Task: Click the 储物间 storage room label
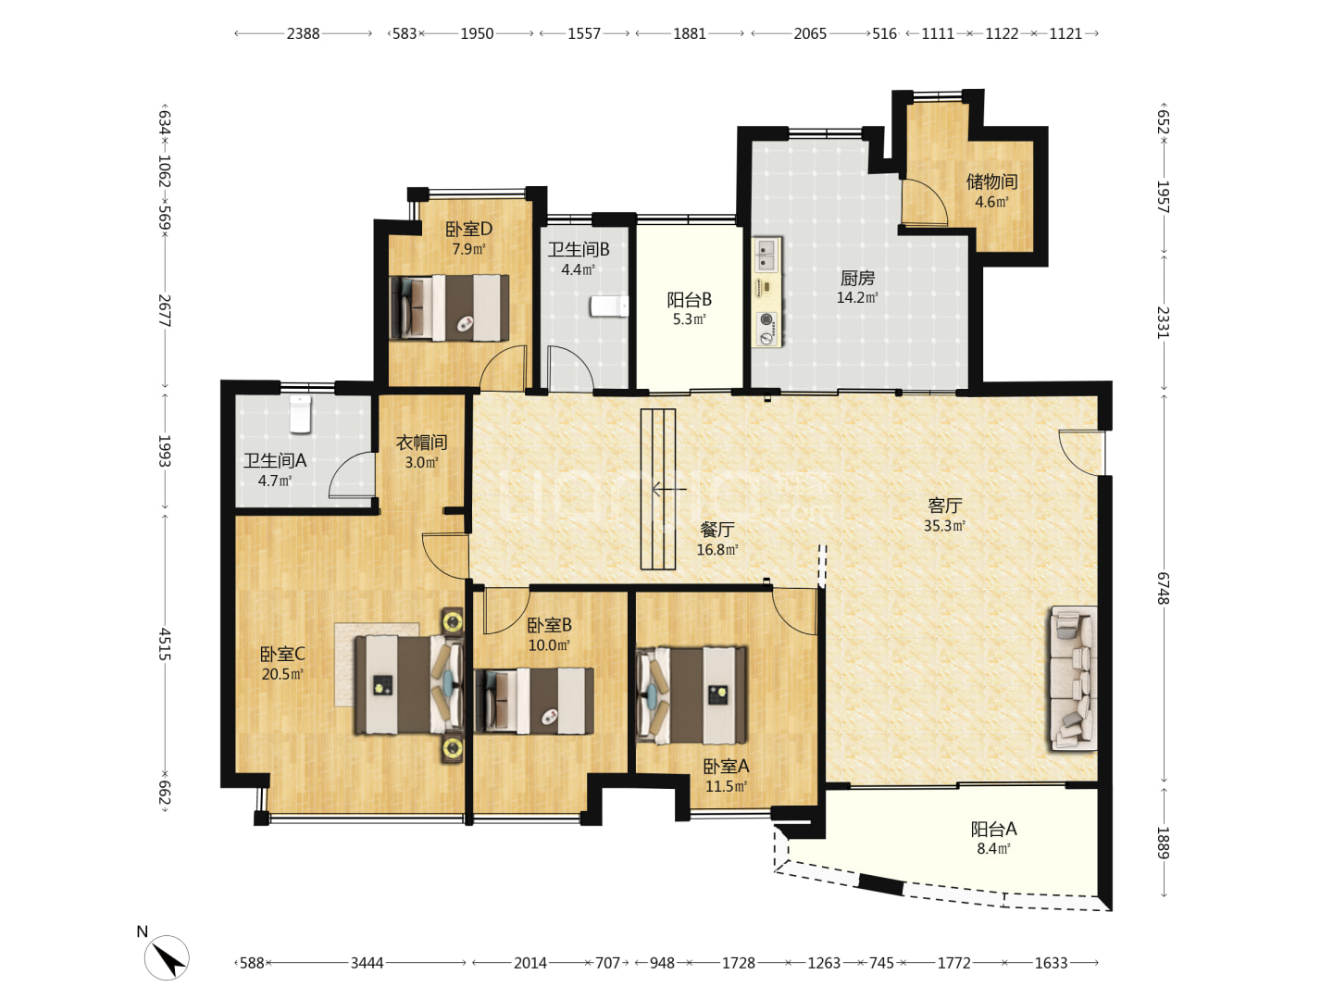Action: click(991, 181)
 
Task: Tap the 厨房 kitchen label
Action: click(857, 278)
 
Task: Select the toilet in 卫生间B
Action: click(609, 306)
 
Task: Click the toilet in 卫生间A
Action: click(300, 414)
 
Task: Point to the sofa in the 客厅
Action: click(1073, 678)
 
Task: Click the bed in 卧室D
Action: click(449, 307)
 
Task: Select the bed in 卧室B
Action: click(534, 700)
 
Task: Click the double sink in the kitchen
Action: click(767, 254)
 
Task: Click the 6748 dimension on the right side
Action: click(1163, 588)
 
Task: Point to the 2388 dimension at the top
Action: click(303, 33)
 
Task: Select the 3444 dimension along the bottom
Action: click(367, 962)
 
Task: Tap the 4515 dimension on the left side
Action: click(165, 644)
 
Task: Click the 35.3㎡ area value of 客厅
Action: click(943, 525)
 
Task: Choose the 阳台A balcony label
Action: click(993, 828)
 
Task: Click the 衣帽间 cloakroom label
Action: click(421, 442)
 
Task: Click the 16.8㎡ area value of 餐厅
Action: click(716, 549)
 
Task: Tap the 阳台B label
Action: click(689, 299)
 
